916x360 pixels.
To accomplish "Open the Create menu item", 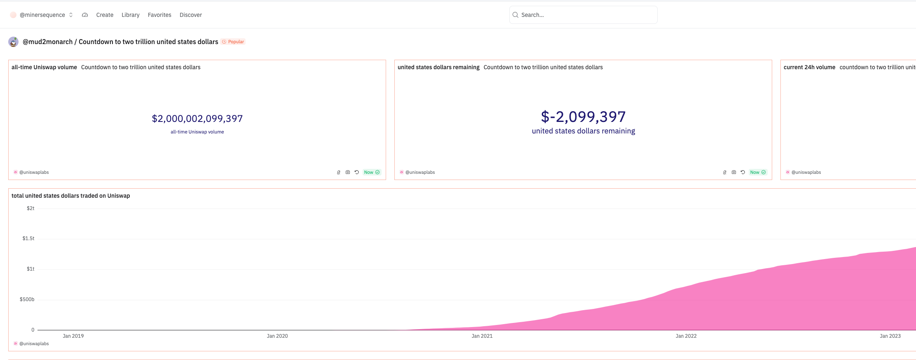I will pos(105,15).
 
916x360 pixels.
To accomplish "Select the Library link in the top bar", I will pos(130,15).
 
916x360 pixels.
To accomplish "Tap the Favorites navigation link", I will pos(159,15).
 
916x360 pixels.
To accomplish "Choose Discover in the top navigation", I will pos(191,15).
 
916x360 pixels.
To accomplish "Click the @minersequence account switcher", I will pos(42,15).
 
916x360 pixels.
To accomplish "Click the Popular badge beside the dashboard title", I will pos(233,42).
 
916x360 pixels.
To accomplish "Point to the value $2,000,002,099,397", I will pos(197,119).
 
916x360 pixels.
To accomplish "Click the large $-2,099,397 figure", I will pos(583,117).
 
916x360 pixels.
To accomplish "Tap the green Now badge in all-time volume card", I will pos(372,172).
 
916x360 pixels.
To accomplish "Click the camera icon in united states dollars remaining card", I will pos(734,172).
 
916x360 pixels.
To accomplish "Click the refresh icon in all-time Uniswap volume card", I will pos(357,172).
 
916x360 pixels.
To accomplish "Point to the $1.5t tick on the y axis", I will pos(28,238).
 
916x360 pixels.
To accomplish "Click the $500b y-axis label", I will pos(27,299).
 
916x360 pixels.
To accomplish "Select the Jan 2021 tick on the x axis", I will pos(482,336).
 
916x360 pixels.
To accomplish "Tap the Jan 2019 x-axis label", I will pos(73,336).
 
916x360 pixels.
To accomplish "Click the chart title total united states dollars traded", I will pos(70,196).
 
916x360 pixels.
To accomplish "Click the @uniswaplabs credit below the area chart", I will pos(34,344).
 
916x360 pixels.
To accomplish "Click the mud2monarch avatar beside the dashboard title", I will pos(14,42).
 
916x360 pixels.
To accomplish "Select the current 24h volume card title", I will pos(809,67).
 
